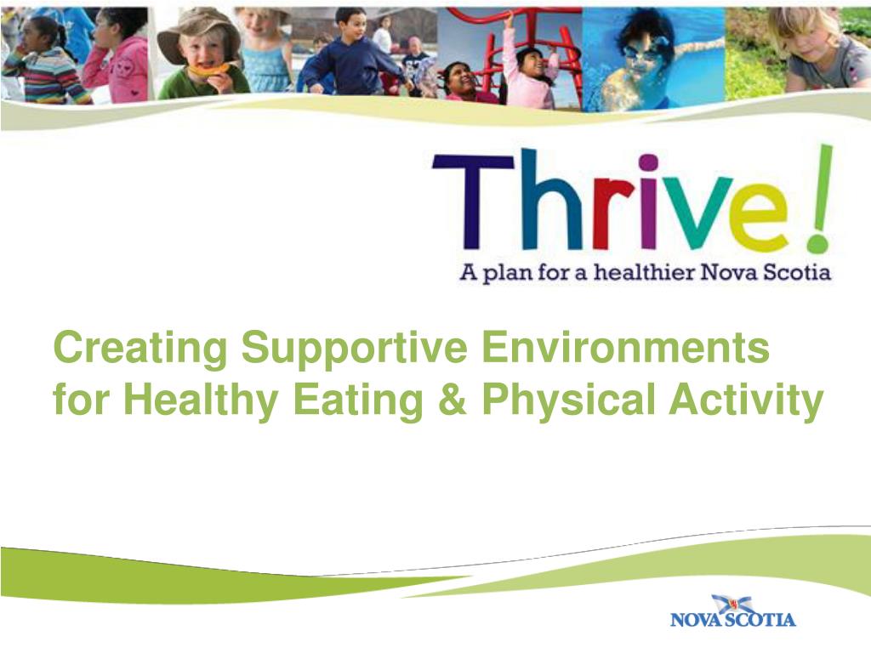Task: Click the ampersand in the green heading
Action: point(449,400)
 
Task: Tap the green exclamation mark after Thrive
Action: point(818,201)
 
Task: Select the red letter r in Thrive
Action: point(609,213)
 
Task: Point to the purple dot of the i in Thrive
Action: point(648,162)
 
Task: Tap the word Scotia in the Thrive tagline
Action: point(799,273)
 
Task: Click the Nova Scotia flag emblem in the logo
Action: point(732,603)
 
